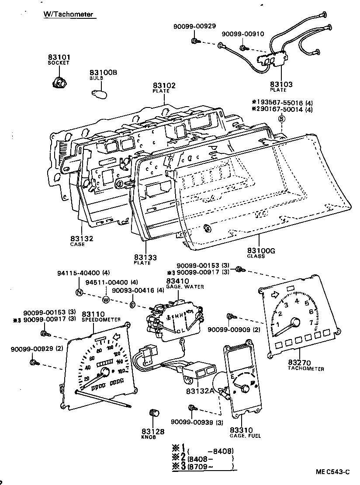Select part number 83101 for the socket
pos(59,57)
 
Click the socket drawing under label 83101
pos(58,82)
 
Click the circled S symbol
pos(282,119)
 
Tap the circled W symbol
pos(106,299)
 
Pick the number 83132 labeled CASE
pos(82,239)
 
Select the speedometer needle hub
pos(104,372)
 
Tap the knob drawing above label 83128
pos(153,412)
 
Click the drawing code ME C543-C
pos(333,471)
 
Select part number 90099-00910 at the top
pos(243,34)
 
